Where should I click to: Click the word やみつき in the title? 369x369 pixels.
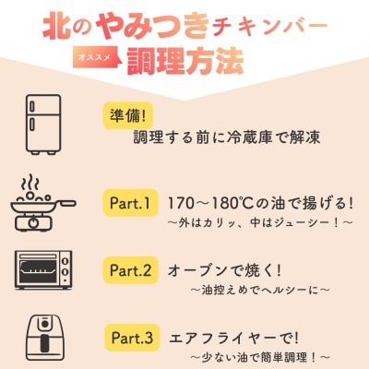(149, 23)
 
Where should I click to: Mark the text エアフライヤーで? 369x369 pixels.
(226, 338)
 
